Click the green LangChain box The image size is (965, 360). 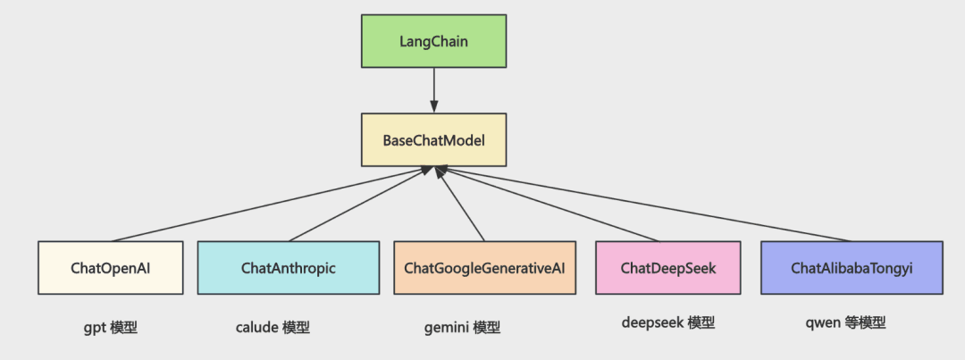pyautogui.click(x=434, y=41)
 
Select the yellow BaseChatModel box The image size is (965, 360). pyautogui.click(x=434, y=139)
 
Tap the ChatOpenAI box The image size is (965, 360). pyautogui.click(x=111, y=268)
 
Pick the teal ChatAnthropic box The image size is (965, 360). pyautogui.click(x=288, y=268)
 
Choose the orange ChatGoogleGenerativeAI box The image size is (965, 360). pyautogui.click(x=485, y=268)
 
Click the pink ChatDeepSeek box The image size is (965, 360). pyautogui.click(x=668, y=268)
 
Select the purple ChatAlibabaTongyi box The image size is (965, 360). pyautogui.click(x=852, y=268)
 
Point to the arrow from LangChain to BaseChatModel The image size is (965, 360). pyautogui.click(x=434, y=90)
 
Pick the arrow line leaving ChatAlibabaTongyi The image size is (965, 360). pyautogui.click(x=645, y=204)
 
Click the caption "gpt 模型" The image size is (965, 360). pyautogui.click(x=110, y=327)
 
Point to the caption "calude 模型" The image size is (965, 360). pyautogui.click(x=273, y=327)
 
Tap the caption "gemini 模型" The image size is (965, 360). pyautogui.click(x=462, y=328)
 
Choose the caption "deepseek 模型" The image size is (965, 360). pyautogui.click(x=668, y=322)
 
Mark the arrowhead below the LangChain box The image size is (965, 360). pyautogui.click(x=434, y=107)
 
